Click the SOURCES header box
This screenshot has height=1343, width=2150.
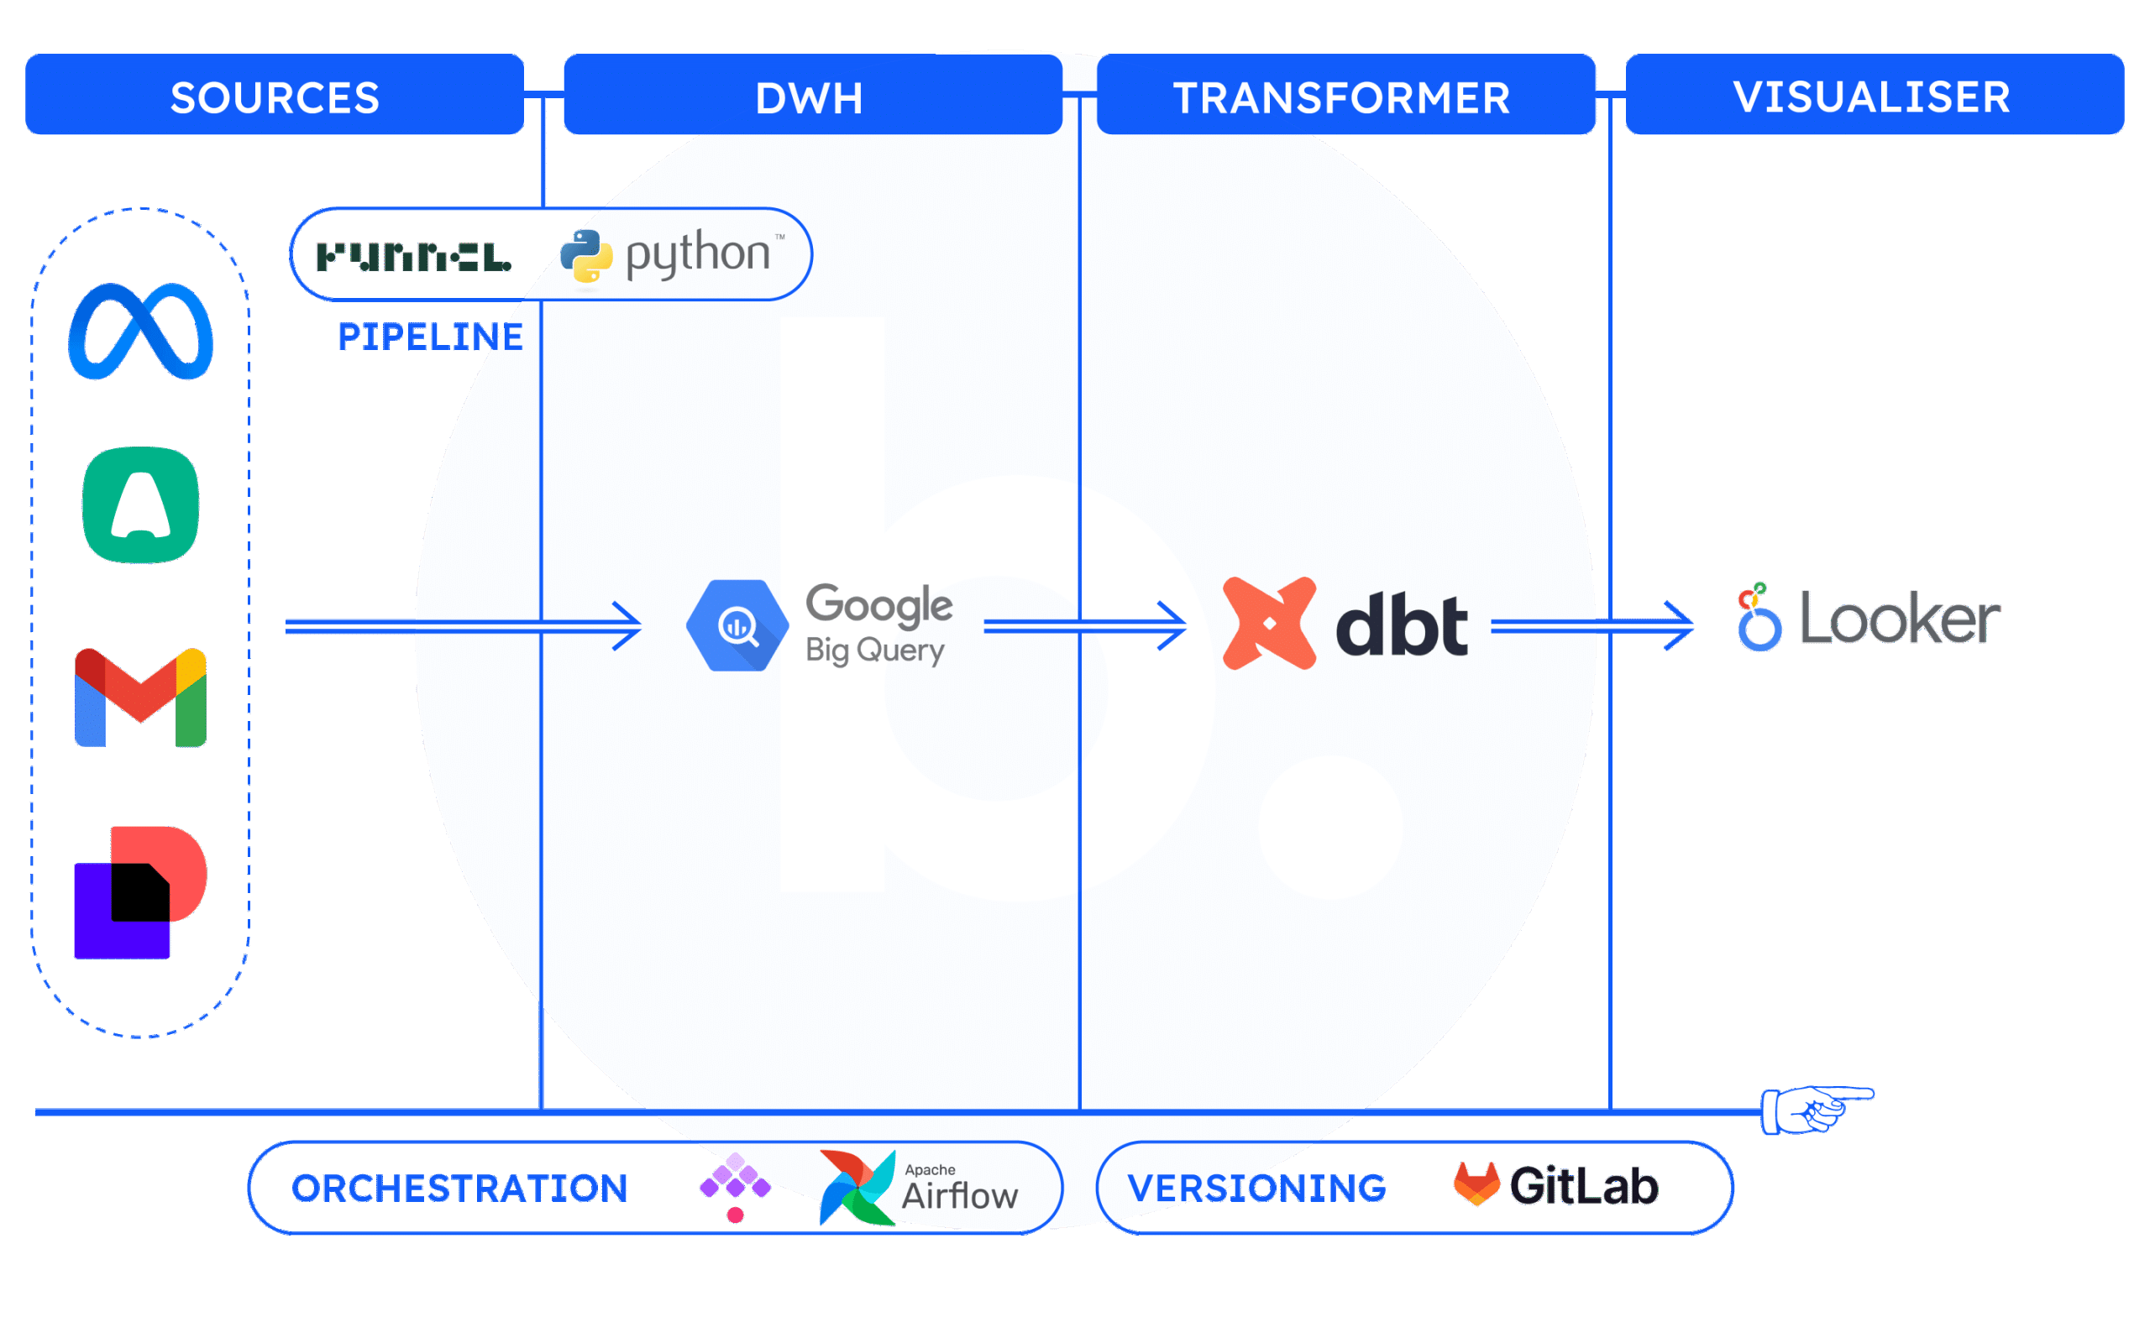pyautogui.click(x=275, y=95)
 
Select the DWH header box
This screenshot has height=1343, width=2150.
pyautogui.click(x=812, y=95)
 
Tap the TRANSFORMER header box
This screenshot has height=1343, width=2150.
pyautogui.click(x=1345, y=95)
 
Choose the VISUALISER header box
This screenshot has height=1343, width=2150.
pyautogui.click(x=1874, y=95)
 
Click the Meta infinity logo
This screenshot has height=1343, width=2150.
pyautogui.click(x=141, y=332)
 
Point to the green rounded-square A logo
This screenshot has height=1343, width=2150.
pyautogui.click(x=140, y=504)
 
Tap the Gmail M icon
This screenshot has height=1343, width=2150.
pyautogui.click(x=140, y=698)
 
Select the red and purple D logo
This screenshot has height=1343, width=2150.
pyautogui.click(x=140, y=892)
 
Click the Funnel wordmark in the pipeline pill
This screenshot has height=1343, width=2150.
pyautogui.click(x=414, y=258)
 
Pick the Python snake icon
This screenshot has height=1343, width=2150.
pyautogui.click(x=586, y=257)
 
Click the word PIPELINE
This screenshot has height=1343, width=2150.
pyautogui.click(x=431, y=337)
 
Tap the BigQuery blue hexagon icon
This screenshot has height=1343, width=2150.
pyautogui.click(x=737, y=625)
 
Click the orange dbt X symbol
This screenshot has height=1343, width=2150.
pyautogui.click(x=1269, y=624)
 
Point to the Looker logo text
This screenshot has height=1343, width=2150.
pyautogui.click(x=1900, y=619)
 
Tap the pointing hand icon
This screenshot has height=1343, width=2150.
pyautogui.click(x=1812, y=1110)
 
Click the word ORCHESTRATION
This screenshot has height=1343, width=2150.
pyautogui.click(x=460, y=1189)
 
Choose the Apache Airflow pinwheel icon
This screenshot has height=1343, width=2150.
pyautogui.click(x=857, y=1189)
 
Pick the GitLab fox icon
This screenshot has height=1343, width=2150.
pyautogui.click(x=1476, y=1184)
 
